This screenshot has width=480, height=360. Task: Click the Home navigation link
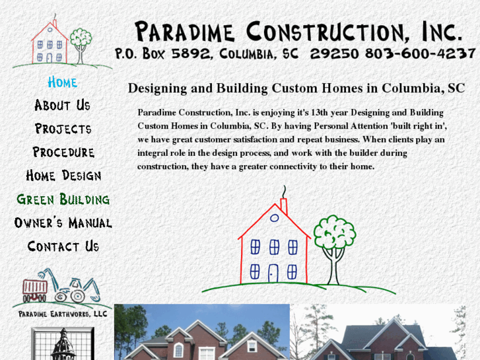click(x=63, y=82)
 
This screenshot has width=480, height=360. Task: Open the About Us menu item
click(x=63, y=105)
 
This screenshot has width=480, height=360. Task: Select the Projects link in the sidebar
click(x=63, y=129)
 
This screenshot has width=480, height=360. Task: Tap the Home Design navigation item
click(x=63, y=176)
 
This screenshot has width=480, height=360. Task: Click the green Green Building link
click(x=63, y=199)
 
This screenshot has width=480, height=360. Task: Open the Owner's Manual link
click(x=63, y=223)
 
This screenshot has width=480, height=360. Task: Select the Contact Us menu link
click(x=63, y=246)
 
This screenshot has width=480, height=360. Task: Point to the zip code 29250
click(x=329, y=54)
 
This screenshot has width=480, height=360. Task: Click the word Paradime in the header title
click(x=186, y=31)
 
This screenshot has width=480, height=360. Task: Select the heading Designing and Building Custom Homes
click(x=296, y=88)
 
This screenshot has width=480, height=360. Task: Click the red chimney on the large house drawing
click(x=284, y=205)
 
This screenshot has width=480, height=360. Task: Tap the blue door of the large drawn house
click(x=273, y=272)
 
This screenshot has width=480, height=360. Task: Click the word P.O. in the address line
click(x=125, y=54)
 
